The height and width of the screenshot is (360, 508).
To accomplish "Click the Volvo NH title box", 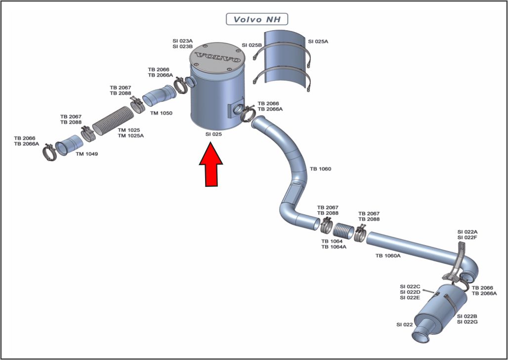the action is tap(256, 19).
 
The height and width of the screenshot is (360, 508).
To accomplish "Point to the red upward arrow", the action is tap(211, 165).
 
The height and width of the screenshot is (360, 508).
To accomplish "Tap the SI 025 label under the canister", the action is tap(213, 135).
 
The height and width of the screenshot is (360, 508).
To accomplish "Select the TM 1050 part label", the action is tap(161, 113).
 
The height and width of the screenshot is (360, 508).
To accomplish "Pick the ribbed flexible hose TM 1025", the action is tap(113, 120).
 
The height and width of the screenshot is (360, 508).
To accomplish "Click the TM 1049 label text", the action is tap(87, 154).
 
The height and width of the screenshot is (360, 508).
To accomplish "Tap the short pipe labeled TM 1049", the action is tap(69, 145).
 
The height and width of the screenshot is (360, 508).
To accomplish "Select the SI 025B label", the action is tap(252, 45).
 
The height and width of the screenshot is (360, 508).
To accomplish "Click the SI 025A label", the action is tap(318, 42).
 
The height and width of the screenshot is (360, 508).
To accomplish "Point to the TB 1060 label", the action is tap(320, 169).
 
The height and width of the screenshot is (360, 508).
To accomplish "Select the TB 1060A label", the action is tap(388, 256).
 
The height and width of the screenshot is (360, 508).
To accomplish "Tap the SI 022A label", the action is tap(467, 232).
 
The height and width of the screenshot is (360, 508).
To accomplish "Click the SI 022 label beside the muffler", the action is tap(405, 324).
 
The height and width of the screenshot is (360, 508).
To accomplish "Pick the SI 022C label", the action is tap(410, 287).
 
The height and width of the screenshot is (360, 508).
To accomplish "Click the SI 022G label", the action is tap(467, 322).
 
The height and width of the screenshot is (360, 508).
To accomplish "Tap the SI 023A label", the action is tap(183, 41).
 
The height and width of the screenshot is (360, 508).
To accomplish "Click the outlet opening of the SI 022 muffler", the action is tap(421, 336).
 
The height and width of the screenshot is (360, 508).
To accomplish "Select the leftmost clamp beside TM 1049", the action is tap(50, 152).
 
